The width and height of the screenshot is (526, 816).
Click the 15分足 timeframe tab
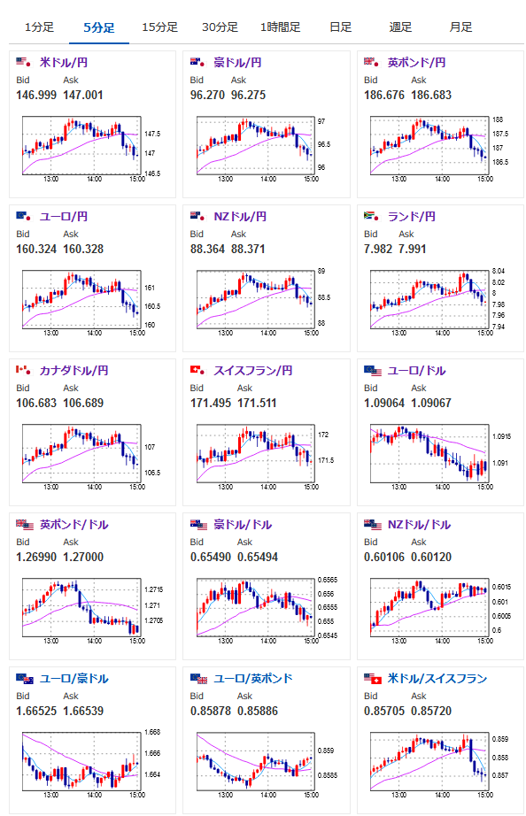tap(160, 27)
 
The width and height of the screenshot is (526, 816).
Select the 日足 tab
tap(341, 27)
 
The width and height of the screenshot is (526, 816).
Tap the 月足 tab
tap(460, 27)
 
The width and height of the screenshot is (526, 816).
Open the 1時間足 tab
tap(280, 27)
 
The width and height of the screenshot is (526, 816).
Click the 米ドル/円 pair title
tap(64, 63)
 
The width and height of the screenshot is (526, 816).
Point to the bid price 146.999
tap(36, 96)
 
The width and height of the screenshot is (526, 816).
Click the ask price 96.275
tap(249, 96)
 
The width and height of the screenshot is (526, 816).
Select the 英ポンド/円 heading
tap(416, 63)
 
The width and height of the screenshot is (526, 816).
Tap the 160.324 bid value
tap(36, 250)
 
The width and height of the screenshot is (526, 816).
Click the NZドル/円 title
tap(240, 217)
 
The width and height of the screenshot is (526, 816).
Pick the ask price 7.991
tap(413, 250)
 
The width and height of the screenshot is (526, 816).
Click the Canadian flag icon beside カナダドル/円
tap(23, 370)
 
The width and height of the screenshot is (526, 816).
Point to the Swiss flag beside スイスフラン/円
tap(197, 370)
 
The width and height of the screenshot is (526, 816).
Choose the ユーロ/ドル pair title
tap(416, 371)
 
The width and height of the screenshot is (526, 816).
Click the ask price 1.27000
tap(83, 558)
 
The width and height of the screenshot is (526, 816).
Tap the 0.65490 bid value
tap(211, 558)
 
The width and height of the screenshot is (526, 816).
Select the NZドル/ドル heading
tap(419, 525)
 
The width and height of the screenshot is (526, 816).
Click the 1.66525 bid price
tap(36, 712)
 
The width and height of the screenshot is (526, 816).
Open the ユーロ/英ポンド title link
tap(253, 679)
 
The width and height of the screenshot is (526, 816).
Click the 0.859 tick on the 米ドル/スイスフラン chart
tap(500, 739)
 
